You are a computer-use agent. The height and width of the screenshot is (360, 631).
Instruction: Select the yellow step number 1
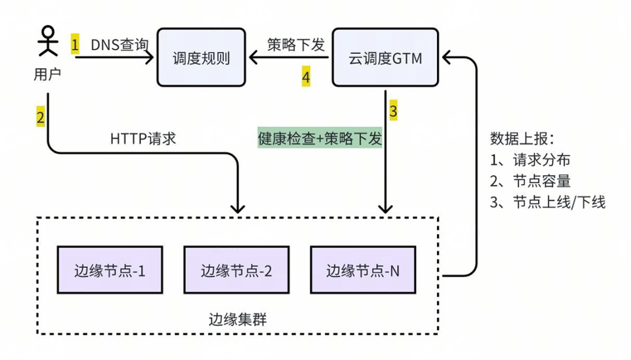75,44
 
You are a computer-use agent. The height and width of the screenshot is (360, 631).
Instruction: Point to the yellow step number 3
393,110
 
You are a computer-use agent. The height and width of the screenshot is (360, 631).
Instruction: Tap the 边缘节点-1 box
110,271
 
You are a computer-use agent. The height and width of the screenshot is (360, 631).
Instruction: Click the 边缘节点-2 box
236,271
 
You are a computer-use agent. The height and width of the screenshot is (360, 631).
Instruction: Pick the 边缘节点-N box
363,271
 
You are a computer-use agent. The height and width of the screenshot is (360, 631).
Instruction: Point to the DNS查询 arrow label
120,44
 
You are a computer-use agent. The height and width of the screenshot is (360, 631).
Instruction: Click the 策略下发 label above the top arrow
296,44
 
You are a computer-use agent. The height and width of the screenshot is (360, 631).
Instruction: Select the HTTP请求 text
143,139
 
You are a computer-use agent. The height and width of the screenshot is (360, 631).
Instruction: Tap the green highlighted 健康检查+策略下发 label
320,139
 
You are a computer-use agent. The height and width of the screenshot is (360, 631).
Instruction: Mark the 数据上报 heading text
522,139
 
